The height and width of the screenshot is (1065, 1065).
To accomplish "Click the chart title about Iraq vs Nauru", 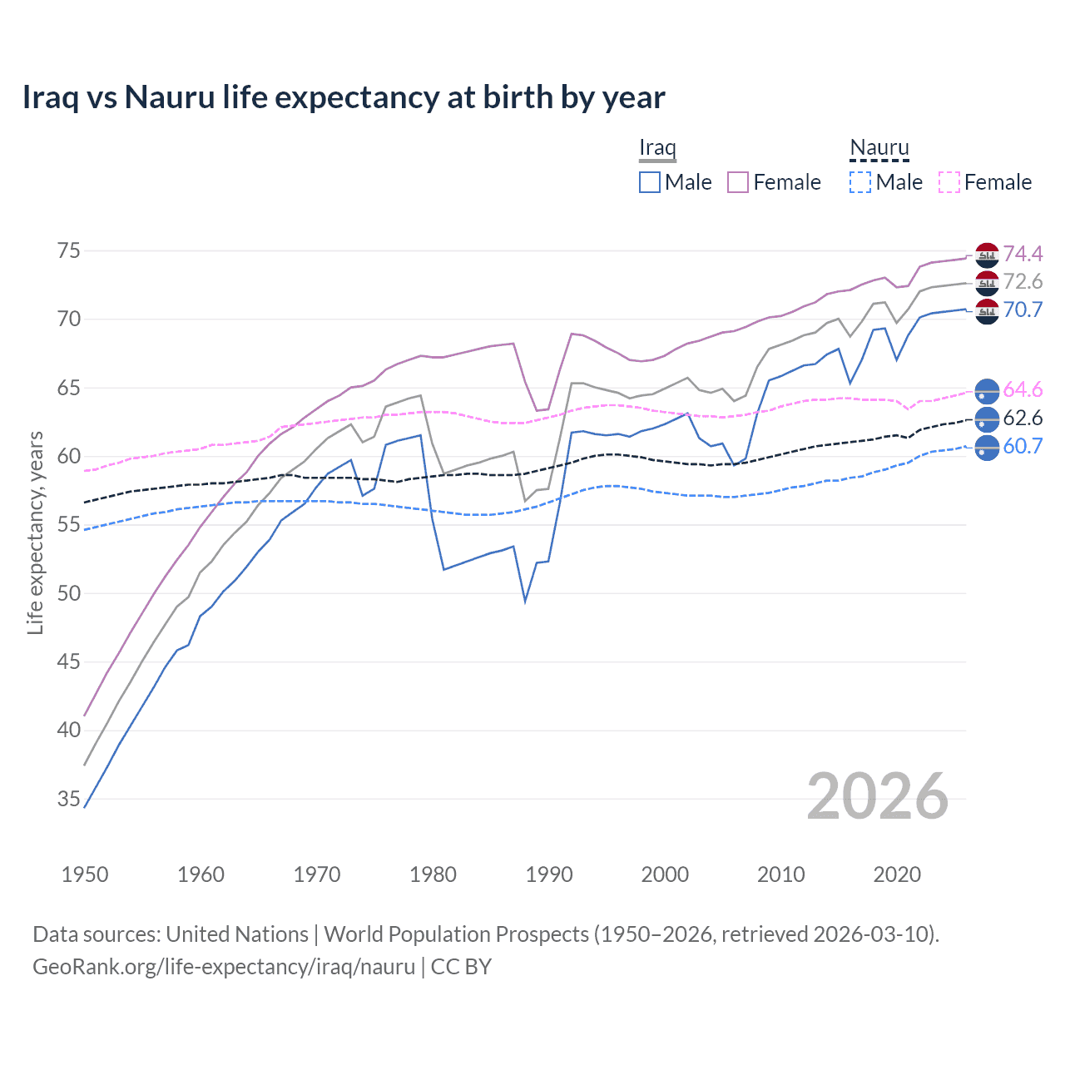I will pos(343,97).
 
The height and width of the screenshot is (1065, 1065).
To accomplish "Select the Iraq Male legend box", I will pos(650,182).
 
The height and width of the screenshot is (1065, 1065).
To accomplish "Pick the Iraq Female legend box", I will pos(738,182).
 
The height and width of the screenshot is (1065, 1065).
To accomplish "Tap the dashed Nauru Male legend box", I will pos(860,182).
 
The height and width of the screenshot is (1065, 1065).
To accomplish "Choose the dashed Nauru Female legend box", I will pos(949,182).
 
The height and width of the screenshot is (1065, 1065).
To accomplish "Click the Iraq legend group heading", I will pos(657,148).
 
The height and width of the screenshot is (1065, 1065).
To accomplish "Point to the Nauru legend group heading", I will pos(879,148).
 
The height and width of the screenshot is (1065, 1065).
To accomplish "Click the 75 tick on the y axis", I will pos(69,250).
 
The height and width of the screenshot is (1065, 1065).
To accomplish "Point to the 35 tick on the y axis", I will pos(69,799).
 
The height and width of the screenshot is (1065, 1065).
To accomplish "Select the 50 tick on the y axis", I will pos(69,593).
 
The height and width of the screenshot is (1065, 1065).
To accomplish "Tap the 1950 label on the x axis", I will pos(85,874).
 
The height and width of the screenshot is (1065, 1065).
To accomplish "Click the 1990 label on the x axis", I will pos(549,874).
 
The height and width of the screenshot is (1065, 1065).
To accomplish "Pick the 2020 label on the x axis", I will pos(897,874).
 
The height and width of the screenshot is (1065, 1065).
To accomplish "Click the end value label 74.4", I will pos(1023,254).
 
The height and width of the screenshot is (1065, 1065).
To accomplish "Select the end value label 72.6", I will pos(1023,282).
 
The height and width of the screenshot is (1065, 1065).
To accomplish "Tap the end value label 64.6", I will pos(1023,389).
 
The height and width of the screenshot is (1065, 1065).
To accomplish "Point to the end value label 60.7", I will pos(1023,446).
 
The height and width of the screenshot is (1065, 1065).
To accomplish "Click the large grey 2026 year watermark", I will pos(878,796).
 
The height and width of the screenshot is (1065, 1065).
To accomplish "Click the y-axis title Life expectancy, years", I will pos(35,532).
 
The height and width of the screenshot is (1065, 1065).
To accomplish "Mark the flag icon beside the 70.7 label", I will pos(987,311).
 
